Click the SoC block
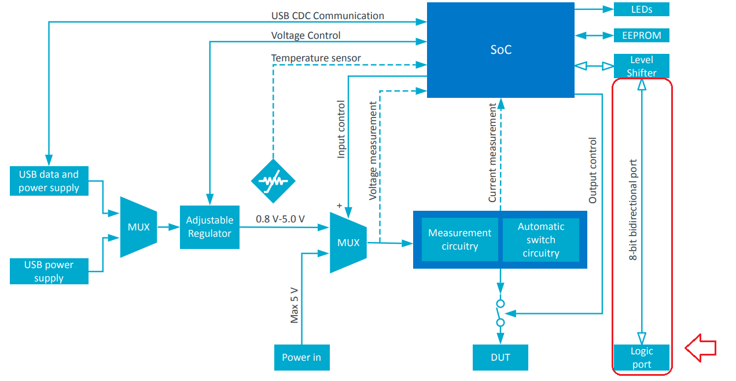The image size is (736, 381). tap(501, 50)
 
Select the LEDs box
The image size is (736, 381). tap(641, 9)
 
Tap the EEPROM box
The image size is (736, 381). tap(641, 35)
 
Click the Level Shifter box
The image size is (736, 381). tap(641, 66)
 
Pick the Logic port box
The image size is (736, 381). tap(641, 357)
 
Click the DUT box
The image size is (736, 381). tap(500, 357)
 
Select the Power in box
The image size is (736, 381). tap(301, 357)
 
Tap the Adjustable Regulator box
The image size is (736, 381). tap(209, 227)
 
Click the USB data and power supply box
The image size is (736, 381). tap(49, 181)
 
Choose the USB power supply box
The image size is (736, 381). tap(49, 271)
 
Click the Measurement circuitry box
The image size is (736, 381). tap(459, 239)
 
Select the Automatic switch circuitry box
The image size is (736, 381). tap(540, 239)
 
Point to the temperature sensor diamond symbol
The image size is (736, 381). tap(273, 181)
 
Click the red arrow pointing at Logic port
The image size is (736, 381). tap(701, 347)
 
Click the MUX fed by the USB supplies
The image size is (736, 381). tap(138, 227)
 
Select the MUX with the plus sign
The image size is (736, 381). tap(348, 243)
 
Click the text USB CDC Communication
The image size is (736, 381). tap(327, 16)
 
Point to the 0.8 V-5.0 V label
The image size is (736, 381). tap(280, 219)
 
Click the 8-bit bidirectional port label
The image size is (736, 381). tap(633, 210)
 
